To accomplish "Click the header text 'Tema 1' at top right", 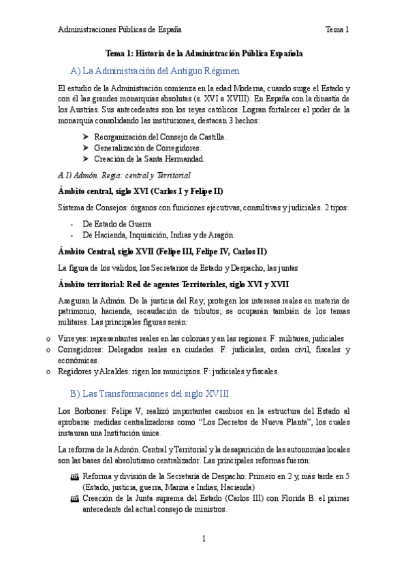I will click(x=336, y=29).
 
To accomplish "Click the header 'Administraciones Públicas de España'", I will click(x=119, y=29).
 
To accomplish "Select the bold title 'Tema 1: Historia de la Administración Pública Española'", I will click(x=204, y=52).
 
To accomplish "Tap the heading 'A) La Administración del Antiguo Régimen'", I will click(x=155, y=71).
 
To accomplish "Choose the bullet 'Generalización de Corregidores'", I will click(x=147, y=148).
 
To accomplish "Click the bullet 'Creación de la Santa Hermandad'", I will click(x=149, y=159).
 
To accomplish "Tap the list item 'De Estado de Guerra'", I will click(x=116, y=222).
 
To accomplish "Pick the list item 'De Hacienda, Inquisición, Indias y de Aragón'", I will click(x=158, y=235).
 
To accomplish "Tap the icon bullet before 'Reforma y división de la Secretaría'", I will click(x=75, y=478).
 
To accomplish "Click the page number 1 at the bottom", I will click(x=204, y=539).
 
